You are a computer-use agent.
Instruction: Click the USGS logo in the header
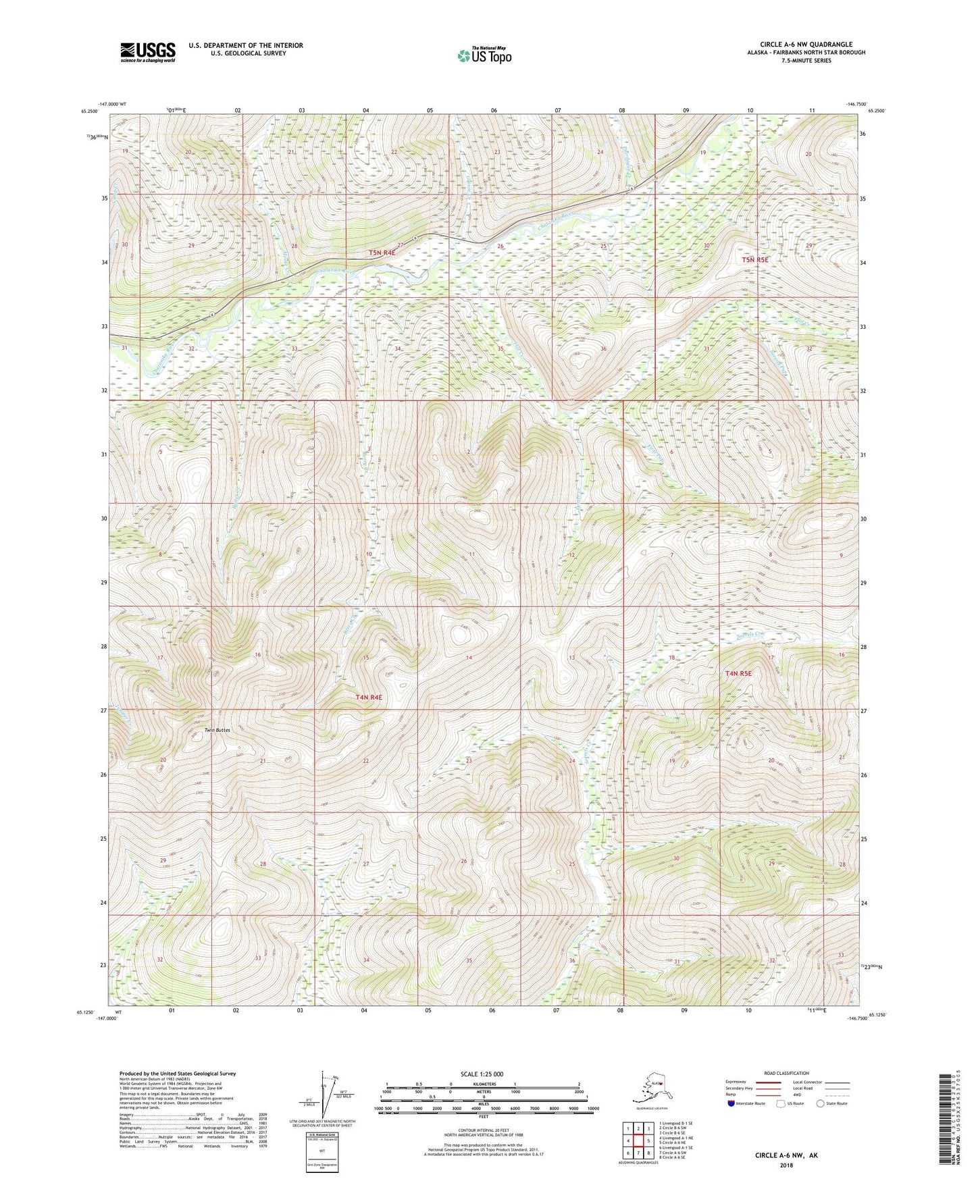coord(147,52)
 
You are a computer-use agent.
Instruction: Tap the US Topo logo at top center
coord(484,55)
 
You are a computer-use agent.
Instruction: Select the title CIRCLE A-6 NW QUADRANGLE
coord(805,45)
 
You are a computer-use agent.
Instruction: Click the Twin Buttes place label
coord(217,731)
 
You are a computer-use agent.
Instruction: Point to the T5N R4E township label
coord(382,253)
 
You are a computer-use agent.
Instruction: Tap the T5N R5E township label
coord(755,259)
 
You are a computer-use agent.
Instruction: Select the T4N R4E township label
coord(369,697)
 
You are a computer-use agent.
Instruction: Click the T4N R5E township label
coord(738,673)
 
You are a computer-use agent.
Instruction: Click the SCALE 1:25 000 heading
coord(482,1074)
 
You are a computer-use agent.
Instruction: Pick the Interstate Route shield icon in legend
coord(731,1103)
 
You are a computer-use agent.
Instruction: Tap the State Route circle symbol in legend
coord(820,1103)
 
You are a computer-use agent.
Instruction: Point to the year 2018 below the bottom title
coord(786,1165)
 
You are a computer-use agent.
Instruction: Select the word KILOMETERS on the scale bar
coord(482,1084)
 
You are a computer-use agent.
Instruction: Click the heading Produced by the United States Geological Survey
coord(178,1073)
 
